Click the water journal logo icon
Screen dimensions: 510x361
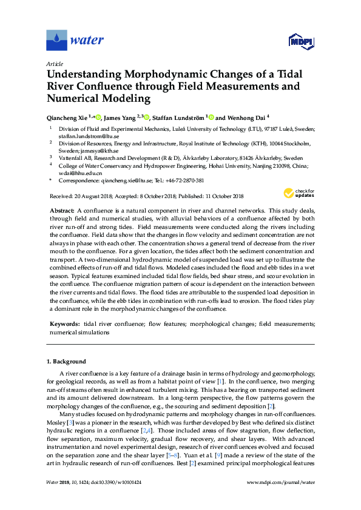[57, 40]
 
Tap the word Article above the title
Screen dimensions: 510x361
[54, 63]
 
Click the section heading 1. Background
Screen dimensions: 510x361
[66, 362]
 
